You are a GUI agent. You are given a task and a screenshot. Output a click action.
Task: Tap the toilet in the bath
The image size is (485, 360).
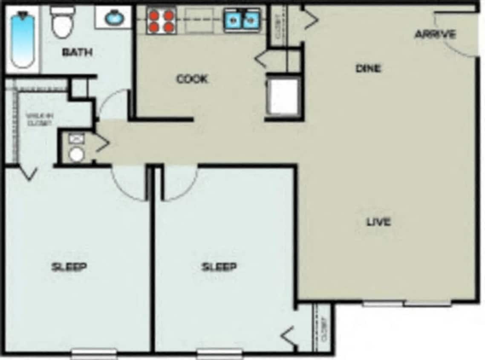point(63,22)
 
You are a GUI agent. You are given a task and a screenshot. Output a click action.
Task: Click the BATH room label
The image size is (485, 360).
point(77,52)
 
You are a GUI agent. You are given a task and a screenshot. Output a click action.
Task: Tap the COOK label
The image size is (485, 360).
point(192,79)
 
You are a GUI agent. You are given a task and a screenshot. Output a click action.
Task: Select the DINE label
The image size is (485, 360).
point(368,68)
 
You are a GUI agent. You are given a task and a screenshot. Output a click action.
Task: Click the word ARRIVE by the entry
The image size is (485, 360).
point(435,34)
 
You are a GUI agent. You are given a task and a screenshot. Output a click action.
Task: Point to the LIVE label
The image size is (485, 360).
point(378,222)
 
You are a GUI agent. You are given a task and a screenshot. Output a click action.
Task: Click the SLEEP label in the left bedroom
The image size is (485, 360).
point(69,267)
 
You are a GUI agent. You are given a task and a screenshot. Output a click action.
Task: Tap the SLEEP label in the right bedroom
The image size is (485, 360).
point(219,267)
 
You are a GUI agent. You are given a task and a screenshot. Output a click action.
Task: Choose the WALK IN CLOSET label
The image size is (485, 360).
point(39,119)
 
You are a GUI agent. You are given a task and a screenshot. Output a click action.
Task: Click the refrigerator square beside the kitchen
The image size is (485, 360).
point(283,96)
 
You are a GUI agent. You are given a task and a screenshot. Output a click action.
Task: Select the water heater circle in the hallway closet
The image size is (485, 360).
point(77,154)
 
